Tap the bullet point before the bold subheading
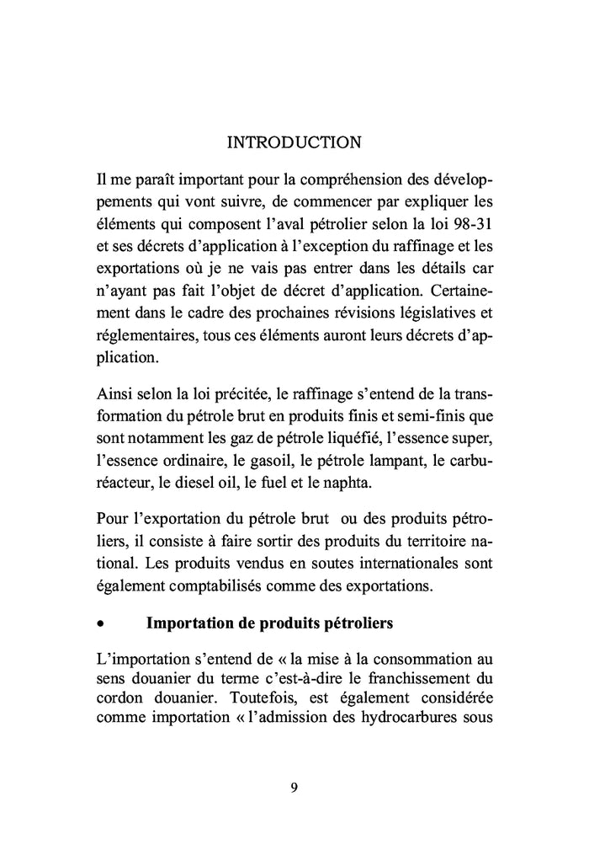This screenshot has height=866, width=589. click(x=101, y=626)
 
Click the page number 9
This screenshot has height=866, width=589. click(x=294, y=788)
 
